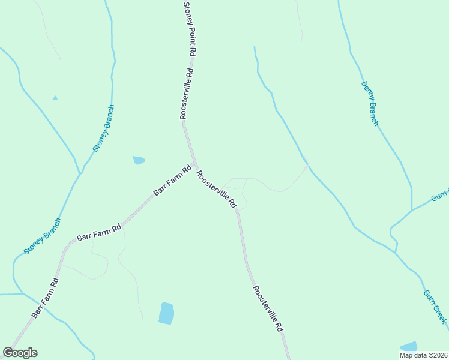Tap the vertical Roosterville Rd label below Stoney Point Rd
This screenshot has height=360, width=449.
[186, 93]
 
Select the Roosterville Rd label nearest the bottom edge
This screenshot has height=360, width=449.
[268, 309]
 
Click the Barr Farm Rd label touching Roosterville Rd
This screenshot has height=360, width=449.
[172, 181]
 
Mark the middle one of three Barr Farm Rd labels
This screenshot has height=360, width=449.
[100, 232]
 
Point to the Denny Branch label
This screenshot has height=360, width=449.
[370, 104]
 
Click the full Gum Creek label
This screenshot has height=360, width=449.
[435, 307]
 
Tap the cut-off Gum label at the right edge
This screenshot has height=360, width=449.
[440, 197]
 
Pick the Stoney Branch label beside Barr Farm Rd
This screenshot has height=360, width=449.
[43, 236]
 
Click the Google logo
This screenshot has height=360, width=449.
[20, 353]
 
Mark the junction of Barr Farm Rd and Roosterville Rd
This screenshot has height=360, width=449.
[193, 165]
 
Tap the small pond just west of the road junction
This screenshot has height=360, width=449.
[139, 160]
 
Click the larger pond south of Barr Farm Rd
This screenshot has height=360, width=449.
[166, 313]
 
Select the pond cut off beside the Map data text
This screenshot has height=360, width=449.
[409, 346]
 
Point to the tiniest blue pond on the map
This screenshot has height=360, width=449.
[55, 98]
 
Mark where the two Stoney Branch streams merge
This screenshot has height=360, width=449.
[80, 173]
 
